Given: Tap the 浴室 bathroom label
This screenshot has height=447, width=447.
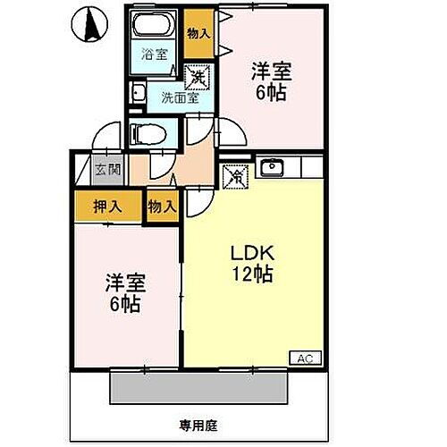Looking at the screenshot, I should coord(156,55).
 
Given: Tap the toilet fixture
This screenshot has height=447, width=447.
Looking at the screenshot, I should coord(143,133).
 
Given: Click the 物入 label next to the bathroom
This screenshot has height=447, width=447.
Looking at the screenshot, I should coord(198,33).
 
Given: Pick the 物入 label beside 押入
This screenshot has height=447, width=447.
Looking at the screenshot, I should coord(162,206).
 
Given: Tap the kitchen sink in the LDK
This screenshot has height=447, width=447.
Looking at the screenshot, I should coord(271,166).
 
